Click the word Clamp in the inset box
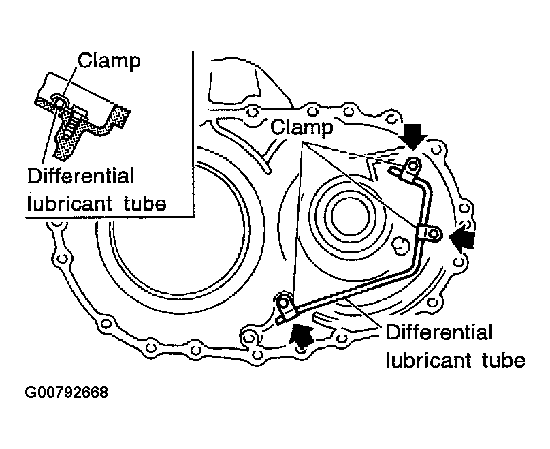coord(109,61)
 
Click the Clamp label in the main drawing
coord(301,127)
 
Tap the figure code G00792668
coord(67,393)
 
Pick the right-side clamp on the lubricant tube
coord(432,234)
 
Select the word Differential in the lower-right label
coord(439,332)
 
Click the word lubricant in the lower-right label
coord(427,359)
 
